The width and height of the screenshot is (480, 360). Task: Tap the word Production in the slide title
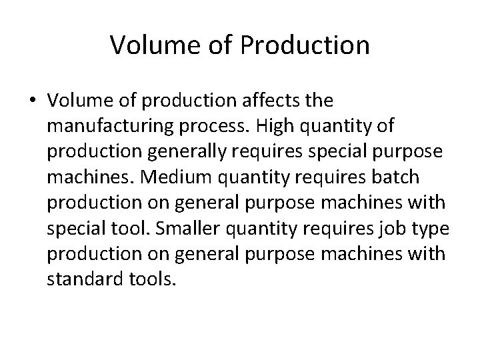312,45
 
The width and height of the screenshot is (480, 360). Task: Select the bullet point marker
33,101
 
